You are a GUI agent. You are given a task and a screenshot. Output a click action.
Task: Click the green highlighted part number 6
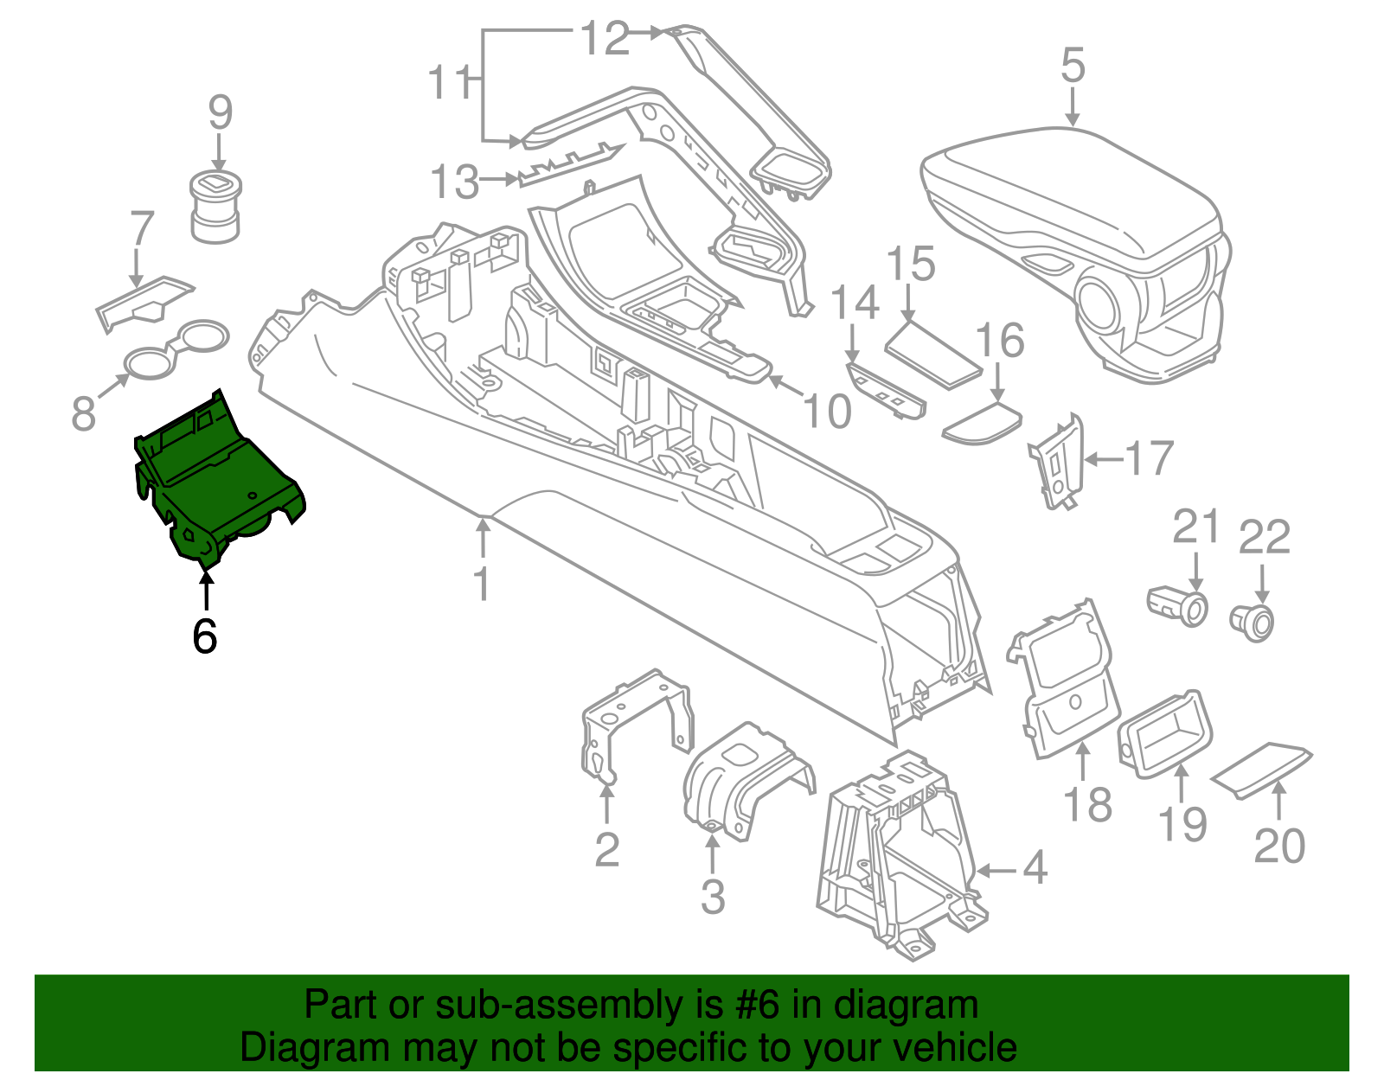216,484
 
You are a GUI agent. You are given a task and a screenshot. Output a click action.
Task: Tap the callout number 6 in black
204,636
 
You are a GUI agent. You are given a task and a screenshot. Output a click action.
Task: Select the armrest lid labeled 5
1073,199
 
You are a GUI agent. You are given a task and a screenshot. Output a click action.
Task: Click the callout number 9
221,112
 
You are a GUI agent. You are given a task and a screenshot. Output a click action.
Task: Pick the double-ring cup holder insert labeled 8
177,350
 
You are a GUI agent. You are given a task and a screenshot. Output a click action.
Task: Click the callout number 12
605,39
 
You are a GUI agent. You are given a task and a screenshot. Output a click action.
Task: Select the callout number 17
1149,458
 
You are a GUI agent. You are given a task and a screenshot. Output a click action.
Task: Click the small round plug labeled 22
1252,621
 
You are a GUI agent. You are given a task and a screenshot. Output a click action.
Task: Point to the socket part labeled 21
1178,605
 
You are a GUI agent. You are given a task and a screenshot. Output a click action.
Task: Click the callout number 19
1182,823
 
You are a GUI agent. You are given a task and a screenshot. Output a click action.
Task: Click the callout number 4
1035,867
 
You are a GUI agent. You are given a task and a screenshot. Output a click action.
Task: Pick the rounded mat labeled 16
982,423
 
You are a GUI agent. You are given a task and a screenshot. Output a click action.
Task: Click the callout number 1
482,584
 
